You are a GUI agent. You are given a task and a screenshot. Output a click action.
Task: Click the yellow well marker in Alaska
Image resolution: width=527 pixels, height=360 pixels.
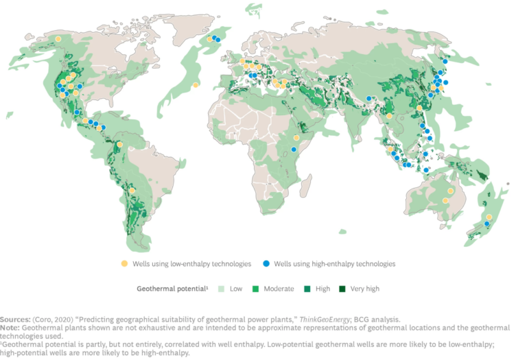tap(58, 40)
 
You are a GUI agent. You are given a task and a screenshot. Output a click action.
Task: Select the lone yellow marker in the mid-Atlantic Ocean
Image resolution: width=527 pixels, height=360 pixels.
tap(196, 85)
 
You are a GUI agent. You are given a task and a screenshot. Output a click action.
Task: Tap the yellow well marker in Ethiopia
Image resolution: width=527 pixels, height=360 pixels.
tap(296, 136)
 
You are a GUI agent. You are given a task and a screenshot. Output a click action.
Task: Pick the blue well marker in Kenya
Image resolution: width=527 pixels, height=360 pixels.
tap(294, 149)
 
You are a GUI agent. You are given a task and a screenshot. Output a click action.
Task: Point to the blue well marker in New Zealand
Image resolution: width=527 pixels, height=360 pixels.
tap(487, 224)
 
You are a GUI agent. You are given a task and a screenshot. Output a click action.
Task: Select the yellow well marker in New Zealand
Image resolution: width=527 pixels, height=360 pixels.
tap(489, 217)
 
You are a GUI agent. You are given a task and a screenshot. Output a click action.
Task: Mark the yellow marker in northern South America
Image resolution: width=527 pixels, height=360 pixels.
tap(120, 145)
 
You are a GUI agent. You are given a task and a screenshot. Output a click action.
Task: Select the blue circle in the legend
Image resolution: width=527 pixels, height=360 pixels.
tap(268, 263)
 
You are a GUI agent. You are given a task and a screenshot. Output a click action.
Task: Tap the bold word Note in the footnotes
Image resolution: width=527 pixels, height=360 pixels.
tap(9, 328)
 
